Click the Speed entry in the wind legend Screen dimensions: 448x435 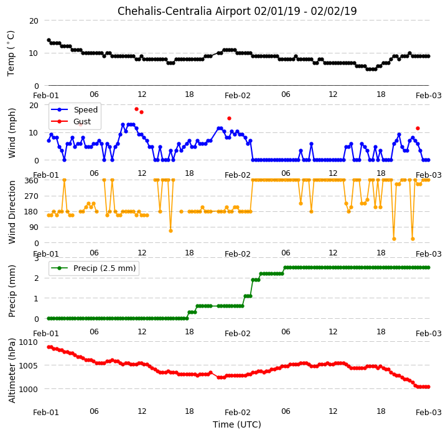[x=74, y=109]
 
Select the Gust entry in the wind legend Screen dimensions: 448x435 [x=71, y=122]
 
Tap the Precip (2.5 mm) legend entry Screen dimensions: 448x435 [x=93, y=268]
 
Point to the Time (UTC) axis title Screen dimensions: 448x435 [x=237, y=424]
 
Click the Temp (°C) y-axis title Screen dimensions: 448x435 [x=11, y=53]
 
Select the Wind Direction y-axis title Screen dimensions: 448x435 [x=12, y=212]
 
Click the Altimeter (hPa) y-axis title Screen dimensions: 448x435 [x=12, y=370]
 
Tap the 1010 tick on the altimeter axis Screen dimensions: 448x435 [x=28, y=342]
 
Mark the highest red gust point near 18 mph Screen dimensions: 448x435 [x=136, y=109]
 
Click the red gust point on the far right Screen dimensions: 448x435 [x=418, y=129]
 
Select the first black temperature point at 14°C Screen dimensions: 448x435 [x=49, y=40]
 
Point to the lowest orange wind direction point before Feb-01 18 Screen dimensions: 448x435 [x=171, y=231]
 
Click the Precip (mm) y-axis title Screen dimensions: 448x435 [x=12, y=291]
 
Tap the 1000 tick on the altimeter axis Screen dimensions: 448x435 [x=28, y=390]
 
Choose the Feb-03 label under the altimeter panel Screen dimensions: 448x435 [x=429, y=412]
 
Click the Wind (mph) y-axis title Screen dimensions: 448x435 [x=12, y=133]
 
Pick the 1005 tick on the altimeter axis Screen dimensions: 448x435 [x=28, y=365]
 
